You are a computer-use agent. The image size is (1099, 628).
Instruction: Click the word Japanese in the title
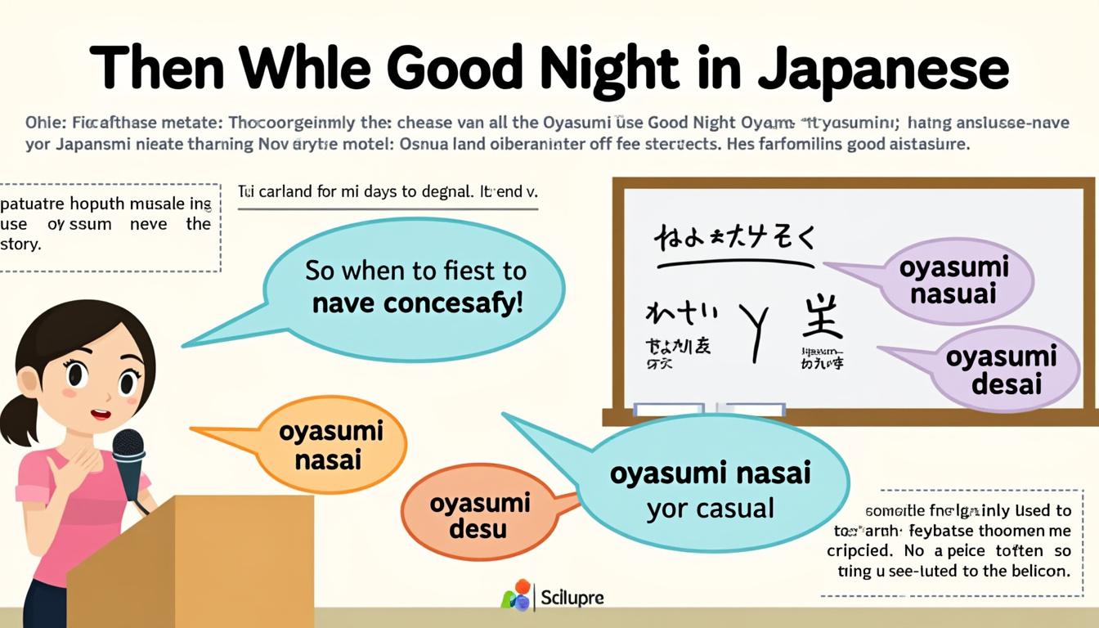(x=883, y=70)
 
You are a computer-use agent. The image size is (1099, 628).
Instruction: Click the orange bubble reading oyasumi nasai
(x=331, y=446)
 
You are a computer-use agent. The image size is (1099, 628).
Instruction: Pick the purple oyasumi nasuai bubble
(x=953, y=280)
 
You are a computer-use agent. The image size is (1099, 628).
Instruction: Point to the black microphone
(x=128, y=458)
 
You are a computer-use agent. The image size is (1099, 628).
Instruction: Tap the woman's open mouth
(x=101, y=414)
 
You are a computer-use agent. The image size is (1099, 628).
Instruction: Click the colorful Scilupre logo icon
(x=516, y=596)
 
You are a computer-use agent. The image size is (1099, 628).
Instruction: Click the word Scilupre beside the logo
(x=572, y=598)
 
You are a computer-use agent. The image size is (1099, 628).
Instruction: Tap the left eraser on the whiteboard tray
(x=669, y=409)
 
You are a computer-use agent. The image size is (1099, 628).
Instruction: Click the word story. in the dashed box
(x=21, y=244)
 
